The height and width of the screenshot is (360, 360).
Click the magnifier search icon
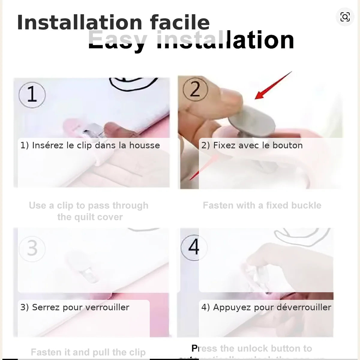345,17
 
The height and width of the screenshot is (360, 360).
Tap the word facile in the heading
180,23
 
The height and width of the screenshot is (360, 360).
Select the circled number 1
32,94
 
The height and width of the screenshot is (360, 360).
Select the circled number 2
195,89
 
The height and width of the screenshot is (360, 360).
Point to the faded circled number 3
32,248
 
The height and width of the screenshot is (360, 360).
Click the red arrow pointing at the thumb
273,85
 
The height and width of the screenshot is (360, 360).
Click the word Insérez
48,145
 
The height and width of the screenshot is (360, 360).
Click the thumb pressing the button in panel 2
228,99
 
